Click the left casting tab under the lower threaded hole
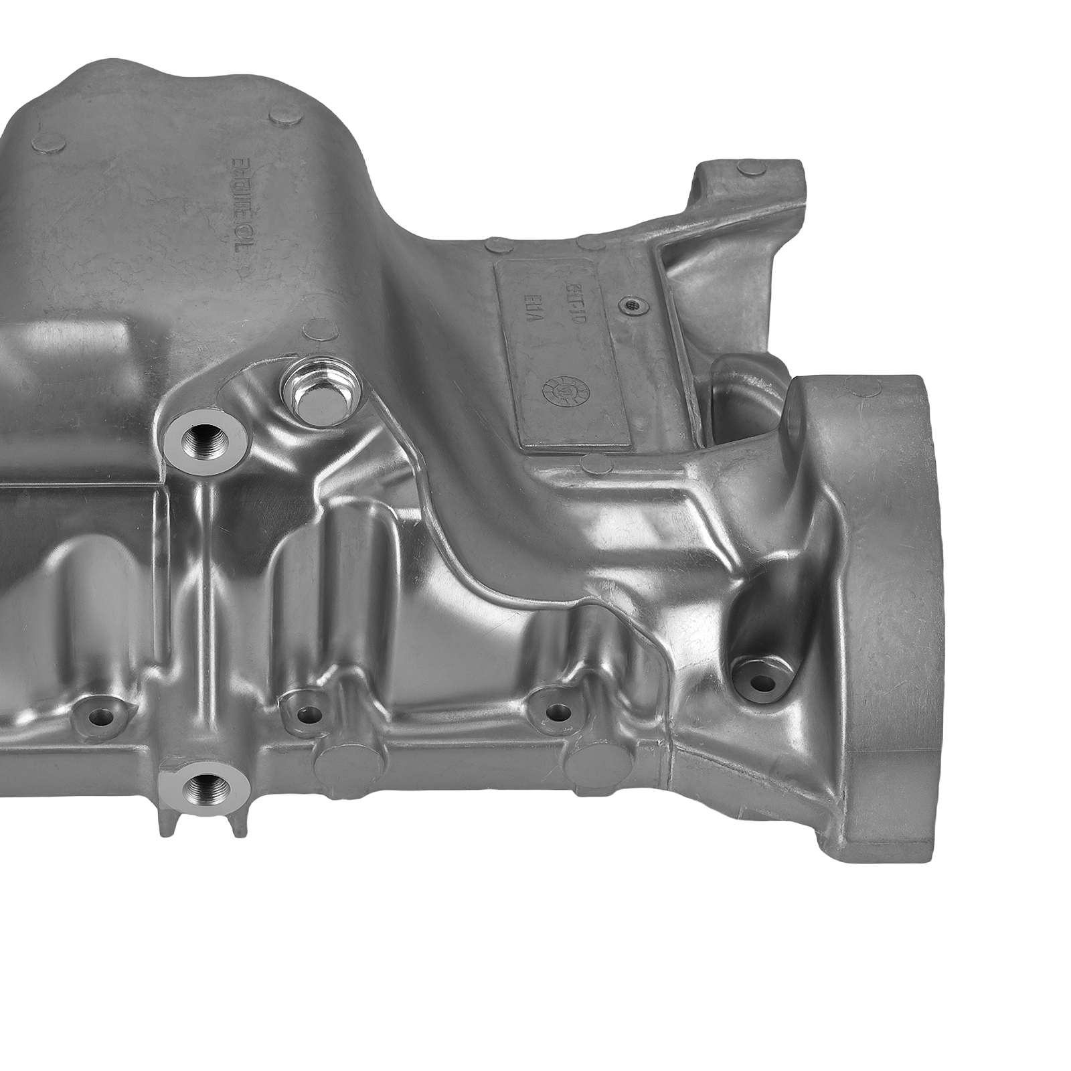pyautogui.click(x=165, y=825)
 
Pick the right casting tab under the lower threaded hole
pyautogui.click(x=235, y=824)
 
